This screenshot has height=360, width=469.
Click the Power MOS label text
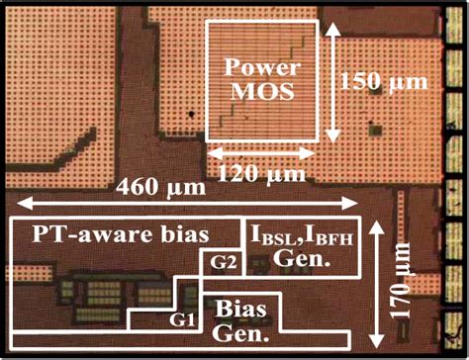coord(261,80)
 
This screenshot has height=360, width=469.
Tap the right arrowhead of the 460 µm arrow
coord(357,203)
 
